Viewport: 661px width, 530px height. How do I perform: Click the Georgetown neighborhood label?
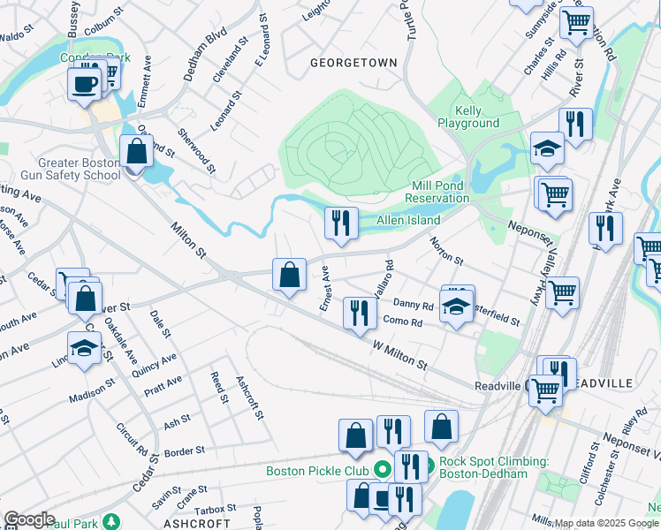pos(353,63)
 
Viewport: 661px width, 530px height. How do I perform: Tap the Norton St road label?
pos(446,254)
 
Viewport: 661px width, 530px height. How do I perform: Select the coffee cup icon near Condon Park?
pos(85,85)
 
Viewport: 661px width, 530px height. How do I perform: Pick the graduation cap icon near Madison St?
pos(84,348)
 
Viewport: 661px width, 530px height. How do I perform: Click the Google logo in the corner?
pos(29,519)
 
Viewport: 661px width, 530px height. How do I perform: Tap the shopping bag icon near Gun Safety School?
pos(137,152)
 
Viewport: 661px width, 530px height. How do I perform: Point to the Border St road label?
pos(184,451)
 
